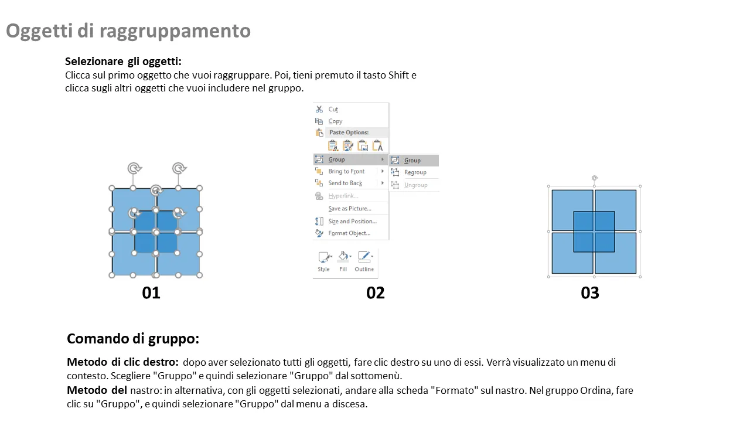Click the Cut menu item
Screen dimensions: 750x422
tap(333, 109)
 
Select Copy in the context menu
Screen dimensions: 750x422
tap(335, 121)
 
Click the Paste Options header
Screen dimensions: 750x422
tap(349, 132)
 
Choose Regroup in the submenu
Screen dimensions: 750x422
tap(415, 172)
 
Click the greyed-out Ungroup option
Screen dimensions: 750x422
tap(415, 185)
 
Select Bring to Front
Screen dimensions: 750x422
tap(346, 171)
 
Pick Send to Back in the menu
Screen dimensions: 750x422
tap(345, 183)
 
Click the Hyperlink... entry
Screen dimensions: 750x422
tap(343, 196)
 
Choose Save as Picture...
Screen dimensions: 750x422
tap(350, 208)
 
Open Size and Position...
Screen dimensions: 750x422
tap(352, 221)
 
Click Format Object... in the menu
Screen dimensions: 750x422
tap(349, 233)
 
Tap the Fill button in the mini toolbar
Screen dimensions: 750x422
tap(343, 261)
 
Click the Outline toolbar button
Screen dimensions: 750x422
tap(364, 261)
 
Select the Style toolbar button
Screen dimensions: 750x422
tap(324, 261)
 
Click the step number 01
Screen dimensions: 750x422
tap(151, 293)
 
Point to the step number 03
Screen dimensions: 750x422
tap(590, 293)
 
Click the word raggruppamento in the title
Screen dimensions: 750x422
tap(175, 32)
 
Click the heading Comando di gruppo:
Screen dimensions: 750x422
tap(133, 339)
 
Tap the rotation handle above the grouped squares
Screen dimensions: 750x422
tap(595, 178)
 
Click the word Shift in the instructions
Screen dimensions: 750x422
tap(398, 75)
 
